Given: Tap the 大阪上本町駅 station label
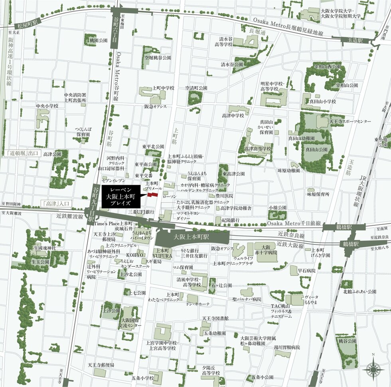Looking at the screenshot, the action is (x=192, y=237).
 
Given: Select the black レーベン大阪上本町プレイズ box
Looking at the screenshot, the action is (x=120, y=196).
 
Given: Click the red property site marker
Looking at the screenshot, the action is (x=152, y=194).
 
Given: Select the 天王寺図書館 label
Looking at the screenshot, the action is (x=215, y=318).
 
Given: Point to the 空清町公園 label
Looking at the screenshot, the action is (x=196, y=88).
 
